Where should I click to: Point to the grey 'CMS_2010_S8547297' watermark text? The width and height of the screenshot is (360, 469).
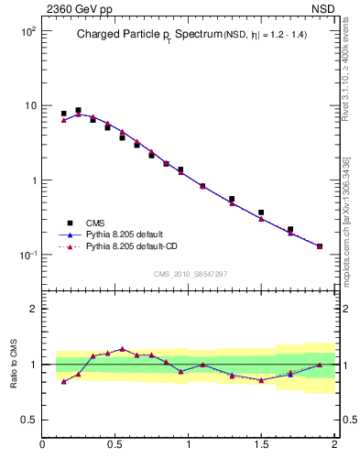[190, 274]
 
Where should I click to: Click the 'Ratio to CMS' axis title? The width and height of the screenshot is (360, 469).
[14, 364]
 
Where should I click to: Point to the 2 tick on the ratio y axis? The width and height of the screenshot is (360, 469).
[32, 309]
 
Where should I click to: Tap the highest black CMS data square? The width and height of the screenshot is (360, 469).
[78, 110]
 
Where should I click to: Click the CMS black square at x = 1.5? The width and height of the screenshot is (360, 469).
[261, 213]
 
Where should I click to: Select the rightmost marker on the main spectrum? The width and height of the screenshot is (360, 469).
[320, 246]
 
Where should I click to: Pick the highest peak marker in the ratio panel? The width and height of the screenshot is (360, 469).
[122, 348]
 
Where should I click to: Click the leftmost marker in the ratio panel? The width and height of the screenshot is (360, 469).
[63, 381]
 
